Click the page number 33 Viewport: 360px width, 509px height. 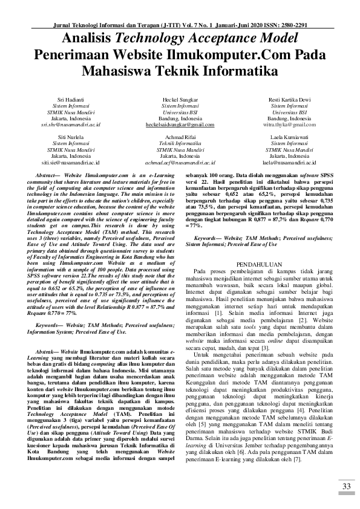point(345,487)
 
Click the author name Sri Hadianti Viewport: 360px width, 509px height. point(70,99)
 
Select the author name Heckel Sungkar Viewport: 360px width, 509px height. point(180,99)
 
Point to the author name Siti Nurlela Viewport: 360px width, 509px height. point(70,137)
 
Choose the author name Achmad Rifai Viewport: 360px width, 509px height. point(180,137)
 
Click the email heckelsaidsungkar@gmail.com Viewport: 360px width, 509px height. point(180,125)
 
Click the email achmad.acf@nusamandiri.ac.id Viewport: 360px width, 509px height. point(180,163)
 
